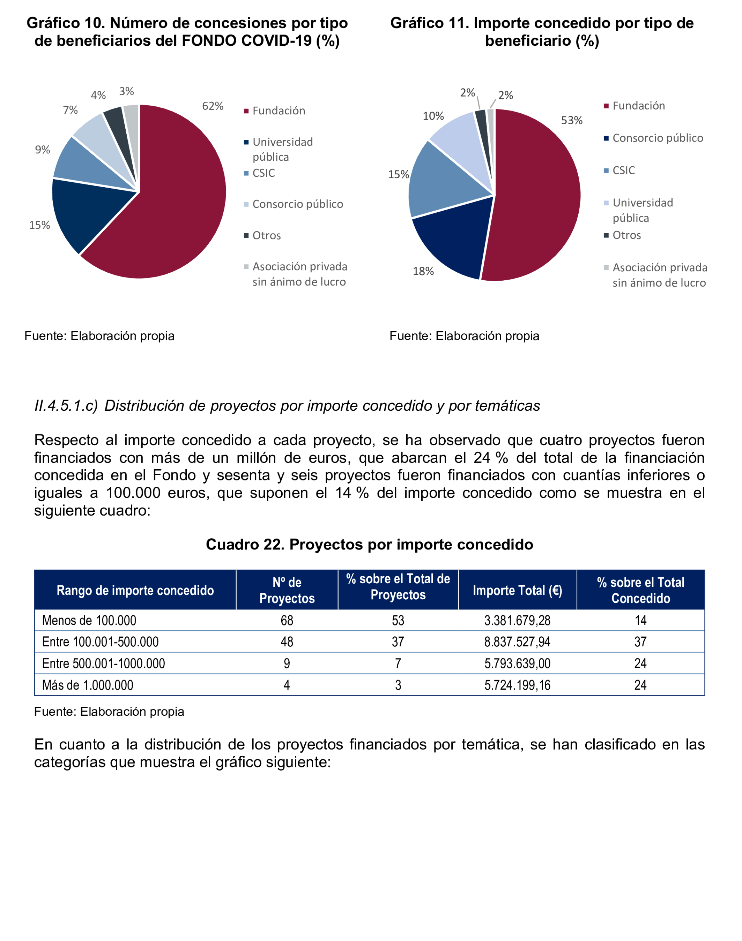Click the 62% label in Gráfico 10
(x=213, y=106)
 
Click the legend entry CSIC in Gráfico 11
(x=623, y=170)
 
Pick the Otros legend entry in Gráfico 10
(x=266, y=235)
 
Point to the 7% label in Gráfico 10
(x=71, y=110)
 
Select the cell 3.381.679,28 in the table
(x=517, y=620)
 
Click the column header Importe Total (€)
(x=517, y=590)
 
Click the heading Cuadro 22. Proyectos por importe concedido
(x=369, y=544)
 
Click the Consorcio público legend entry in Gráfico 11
(x=657, y=138)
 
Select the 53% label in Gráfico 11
(x=571, y=120)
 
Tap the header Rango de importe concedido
(x=135, y=590)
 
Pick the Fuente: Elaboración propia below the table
(x=109, y=711)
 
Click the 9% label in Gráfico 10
(x=43, y=150)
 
